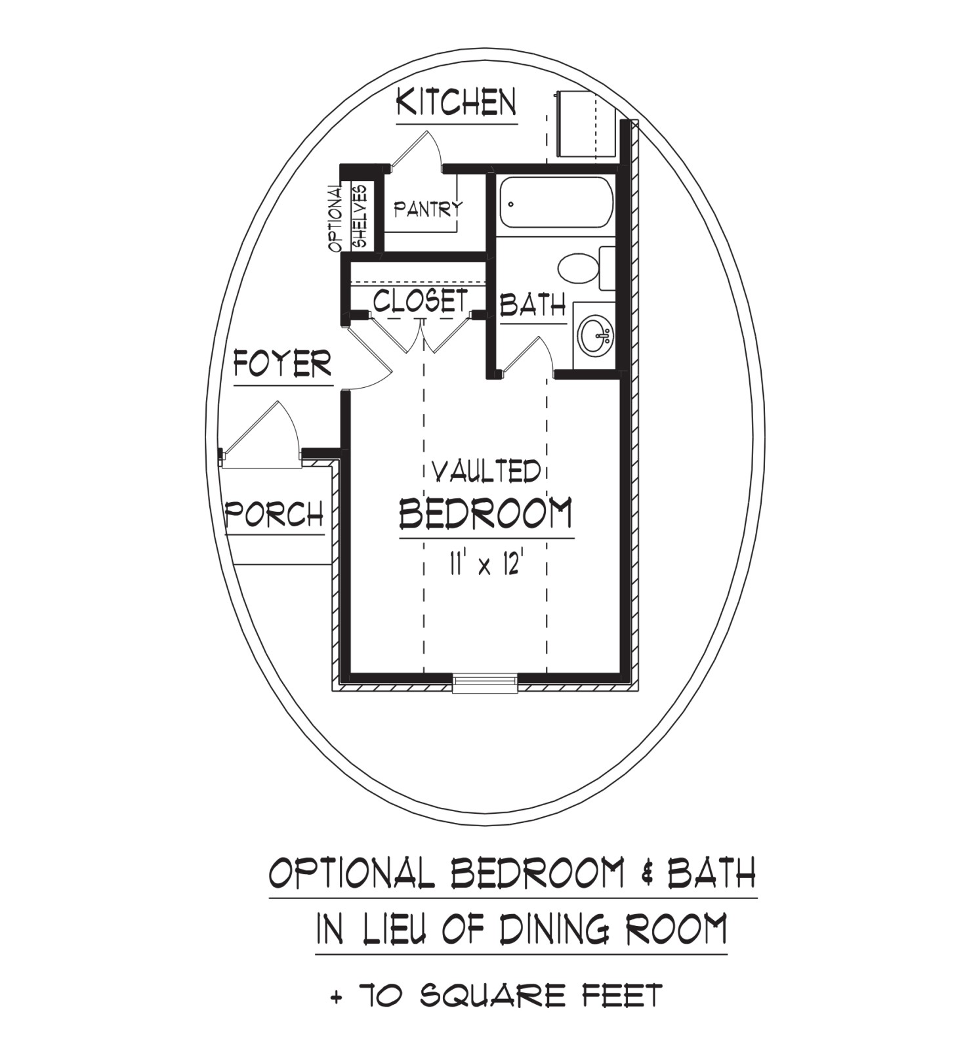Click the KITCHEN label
457,102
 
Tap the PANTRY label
428,209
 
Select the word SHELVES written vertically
360,215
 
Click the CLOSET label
421,301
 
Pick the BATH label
533,306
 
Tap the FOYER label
283,364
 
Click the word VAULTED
486,472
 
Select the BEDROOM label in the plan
486,513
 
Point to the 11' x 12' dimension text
485,564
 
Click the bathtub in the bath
555,202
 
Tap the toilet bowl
578,268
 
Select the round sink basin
596,335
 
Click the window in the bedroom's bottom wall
485,683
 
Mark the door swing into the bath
525,355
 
